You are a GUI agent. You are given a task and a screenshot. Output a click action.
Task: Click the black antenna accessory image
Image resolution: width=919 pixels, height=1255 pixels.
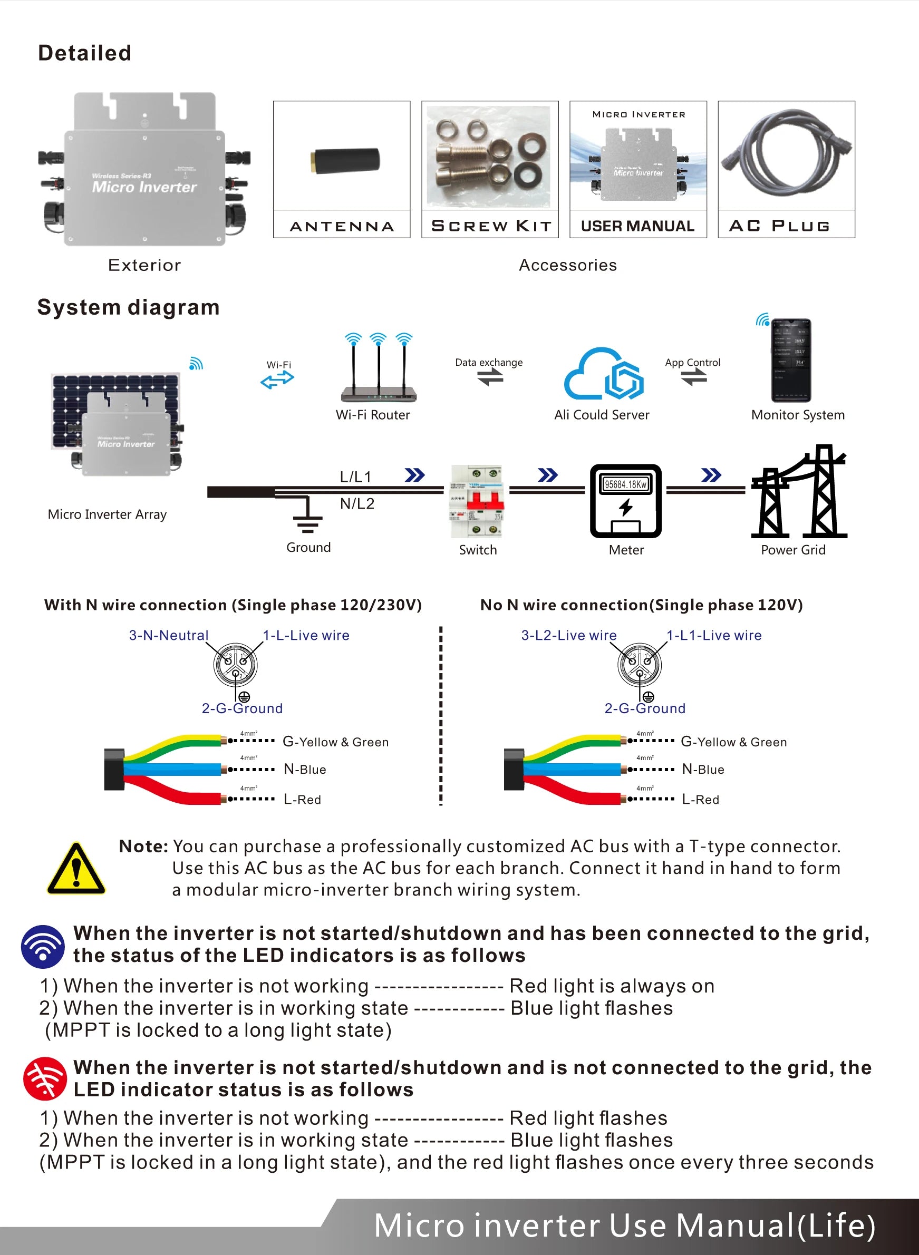click(345, 160)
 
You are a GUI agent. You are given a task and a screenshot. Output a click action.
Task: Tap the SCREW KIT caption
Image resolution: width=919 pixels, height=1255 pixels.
click(491, 226)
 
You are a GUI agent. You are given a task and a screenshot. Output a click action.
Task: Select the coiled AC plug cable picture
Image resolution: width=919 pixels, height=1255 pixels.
click(786, 154)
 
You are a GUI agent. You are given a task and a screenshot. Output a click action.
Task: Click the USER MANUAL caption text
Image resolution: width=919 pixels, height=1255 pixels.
click(637, 226)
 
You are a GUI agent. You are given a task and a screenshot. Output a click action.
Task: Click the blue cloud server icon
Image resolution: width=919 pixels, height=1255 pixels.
click(603, 374)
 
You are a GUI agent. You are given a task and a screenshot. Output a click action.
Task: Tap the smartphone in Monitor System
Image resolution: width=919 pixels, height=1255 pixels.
click(790, 361)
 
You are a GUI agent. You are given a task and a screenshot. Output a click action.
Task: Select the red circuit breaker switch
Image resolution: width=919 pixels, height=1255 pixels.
click(477, 500)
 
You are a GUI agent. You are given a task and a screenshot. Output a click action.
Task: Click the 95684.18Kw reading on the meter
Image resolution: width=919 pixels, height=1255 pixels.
click(626, 484)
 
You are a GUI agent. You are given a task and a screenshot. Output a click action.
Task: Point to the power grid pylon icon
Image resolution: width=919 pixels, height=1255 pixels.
click(799, 492)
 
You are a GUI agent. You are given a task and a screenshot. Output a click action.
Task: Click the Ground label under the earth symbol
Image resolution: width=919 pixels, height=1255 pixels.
click(308, 547)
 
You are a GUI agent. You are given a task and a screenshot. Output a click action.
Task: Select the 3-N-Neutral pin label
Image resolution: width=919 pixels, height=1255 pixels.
click(169, 635)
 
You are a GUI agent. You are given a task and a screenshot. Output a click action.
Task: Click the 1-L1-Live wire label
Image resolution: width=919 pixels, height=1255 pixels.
click(714, 635)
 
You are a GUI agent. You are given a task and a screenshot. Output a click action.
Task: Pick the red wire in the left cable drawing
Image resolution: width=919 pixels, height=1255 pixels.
click(178, 792)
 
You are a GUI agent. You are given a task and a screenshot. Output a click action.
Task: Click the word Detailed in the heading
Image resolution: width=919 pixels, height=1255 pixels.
click(84, 53)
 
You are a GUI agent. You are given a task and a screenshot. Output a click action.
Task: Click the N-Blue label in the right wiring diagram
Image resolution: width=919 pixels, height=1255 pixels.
click(703, 769)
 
